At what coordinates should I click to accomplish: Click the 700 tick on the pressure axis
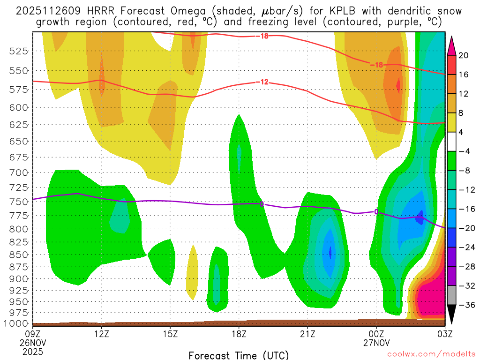[x=19, y=173]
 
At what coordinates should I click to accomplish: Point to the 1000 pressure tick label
[x=17, y=323]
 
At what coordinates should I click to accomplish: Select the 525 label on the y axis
[x=19, y=51]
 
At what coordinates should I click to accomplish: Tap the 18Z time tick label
[x=239, y=334]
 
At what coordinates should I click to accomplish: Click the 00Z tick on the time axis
[x=376, y=334]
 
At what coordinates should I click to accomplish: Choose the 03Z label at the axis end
[x=444, y=334]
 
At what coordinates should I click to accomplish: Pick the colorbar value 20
[x=464, y=55]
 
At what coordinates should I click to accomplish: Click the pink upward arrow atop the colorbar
[x=452, y=45]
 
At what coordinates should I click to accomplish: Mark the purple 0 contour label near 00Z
[x=376, y=212]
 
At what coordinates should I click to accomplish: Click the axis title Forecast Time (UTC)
[x=239, y=355]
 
